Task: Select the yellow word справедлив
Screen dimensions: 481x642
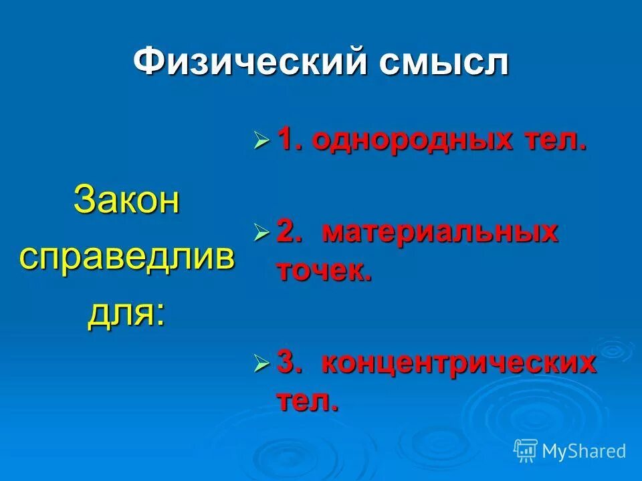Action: (126, 257)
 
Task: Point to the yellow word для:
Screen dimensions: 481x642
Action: (126, 313)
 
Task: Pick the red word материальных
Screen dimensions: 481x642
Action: (440, 232)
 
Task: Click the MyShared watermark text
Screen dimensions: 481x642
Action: (584, 451)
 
